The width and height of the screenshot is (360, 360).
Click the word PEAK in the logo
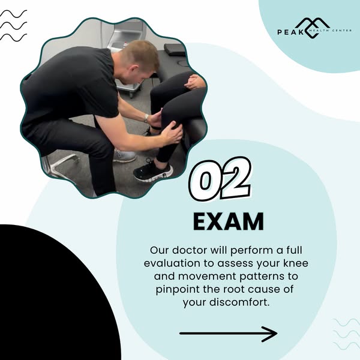290,32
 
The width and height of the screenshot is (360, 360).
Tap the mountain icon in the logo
313,28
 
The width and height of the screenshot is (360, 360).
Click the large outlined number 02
220,179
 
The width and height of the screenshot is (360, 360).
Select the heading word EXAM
229,221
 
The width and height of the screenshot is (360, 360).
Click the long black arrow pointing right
229,334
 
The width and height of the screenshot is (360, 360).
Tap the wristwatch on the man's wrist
146,118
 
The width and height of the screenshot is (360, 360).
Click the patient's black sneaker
153,171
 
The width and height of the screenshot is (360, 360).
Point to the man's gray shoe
124,155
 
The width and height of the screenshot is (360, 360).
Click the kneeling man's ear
134,68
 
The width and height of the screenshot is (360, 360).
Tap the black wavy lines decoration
14,26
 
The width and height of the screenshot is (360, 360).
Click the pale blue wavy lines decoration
346,334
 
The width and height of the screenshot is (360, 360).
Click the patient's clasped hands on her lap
194,82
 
